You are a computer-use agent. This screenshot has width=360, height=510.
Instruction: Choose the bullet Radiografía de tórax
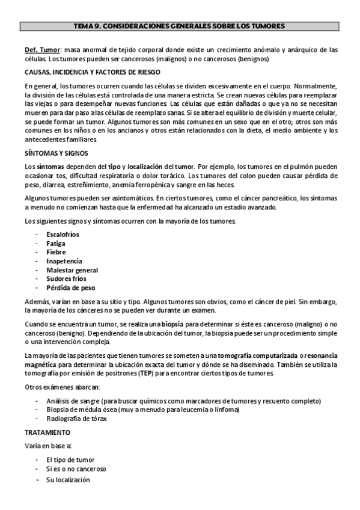(76, 419)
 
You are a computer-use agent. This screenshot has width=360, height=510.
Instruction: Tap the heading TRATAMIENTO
(47, 432)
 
